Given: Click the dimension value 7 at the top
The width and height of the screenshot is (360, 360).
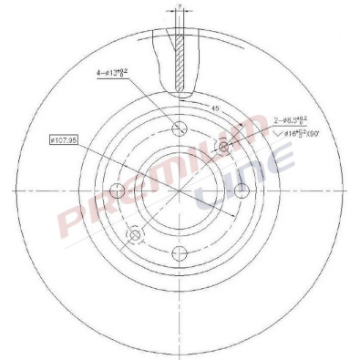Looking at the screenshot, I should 180,7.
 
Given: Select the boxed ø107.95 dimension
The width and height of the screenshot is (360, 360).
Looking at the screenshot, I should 67,139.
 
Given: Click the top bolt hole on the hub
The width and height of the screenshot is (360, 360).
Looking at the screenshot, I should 180,128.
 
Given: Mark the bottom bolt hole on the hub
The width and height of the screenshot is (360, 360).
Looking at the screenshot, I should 180,251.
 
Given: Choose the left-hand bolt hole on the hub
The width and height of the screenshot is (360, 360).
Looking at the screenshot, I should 118,190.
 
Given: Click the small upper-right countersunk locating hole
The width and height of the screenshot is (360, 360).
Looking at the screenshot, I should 223,146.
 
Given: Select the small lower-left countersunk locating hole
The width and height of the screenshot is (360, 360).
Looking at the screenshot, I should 136,234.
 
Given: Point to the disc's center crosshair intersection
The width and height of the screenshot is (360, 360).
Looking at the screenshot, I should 180,190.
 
